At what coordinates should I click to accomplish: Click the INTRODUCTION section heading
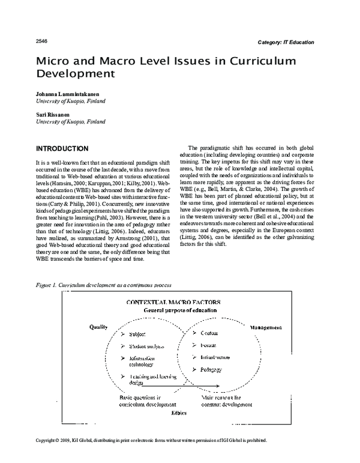62,148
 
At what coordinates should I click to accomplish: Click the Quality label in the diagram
98,328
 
